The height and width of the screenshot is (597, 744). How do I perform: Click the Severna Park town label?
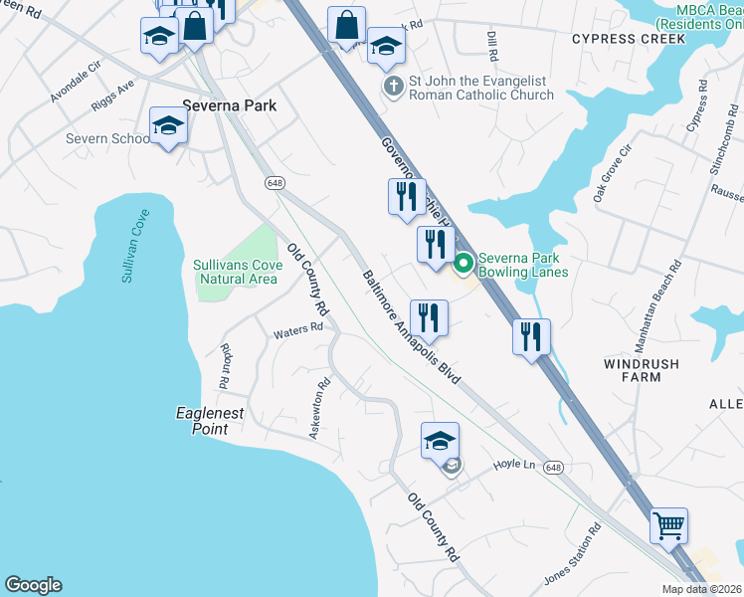(x=229, y=105)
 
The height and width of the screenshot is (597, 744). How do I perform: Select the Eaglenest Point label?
(x=210, y=421)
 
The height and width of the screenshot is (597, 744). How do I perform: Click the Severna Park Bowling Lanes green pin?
(x=463, y=264)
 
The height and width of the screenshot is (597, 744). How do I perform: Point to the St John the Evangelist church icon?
(x=395, y=88)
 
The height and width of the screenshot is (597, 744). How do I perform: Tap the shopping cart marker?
(x=669, y=523)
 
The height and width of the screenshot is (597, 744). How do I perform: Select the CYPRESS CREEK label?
(x=629, y=39)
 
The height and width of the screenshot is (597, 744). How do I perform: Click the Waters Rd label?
(x=298, y=326)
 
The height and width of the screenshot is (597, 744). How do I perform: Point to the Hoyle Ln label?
(x=515, y=465)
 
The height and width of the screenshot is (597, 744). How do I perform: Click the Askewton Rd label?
(x=317, y=409)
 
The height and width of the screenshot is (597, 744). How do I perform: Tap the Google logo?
(x=33, y=585)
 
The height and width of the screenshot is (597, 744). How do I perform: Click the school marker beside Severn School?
(x=168, y=126)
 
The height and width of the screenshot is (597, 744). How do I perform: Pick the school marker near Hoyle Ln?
(x=441, y=440)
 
